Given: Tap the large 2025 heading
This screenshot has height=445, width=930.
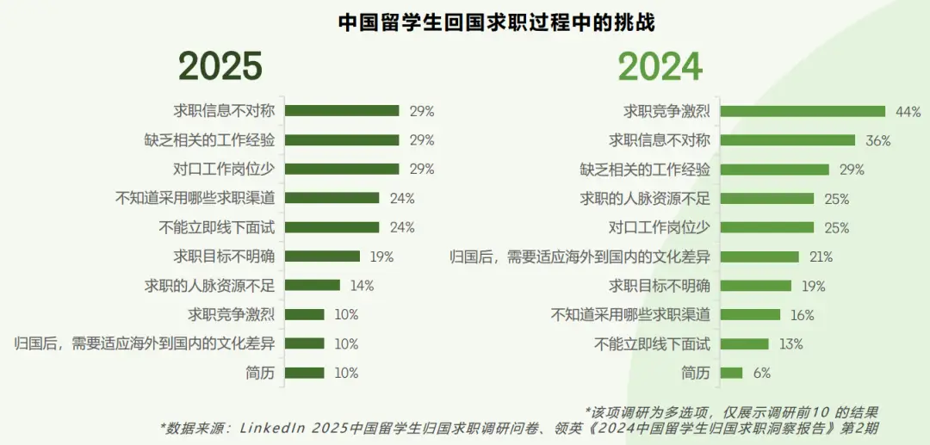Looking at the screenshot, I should coord(220,67).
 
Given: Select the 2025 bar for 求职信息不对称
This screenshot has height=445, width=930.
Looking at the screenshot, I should coord(342,111).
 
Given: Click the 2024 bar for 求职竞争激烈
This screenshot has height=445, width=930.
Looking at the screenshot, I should coord(803,111).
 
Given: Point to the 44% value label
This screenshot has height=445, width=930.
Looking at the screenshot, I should coord(908,111).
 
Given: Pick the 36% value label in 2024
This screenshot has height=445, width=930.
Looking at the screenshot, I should coord(877,140).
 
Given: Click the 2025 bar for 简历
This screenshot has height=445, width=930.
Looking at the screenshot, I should coord(304,374).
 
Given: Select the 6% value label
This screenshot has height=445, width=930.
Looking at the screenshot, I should coord(760,374).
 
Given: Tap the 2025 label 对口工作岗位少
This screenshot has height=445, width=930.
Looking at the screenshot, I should coord(224,169).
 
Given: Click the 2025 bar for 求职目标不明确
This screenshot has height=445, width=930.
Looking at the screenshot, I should coord(322,256).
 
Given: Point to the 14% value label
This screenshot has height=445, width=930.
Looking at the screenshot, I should coord(361,286).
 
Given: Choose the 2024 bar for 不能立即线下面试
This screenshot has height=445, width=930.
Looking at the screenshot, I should coord(744,344).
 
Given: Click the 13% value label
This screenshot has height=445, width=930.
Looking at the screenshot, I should coord(790,344).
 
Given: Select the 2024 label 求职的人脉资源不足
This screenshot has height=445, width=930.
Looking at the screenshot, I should coord(646,199).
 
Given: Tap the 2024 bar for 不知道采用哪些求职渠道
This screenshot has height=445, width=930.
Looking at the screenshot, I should coord(750,315).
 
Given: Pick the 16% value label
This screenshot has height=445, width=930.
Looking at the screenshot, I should coord(802,315).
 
